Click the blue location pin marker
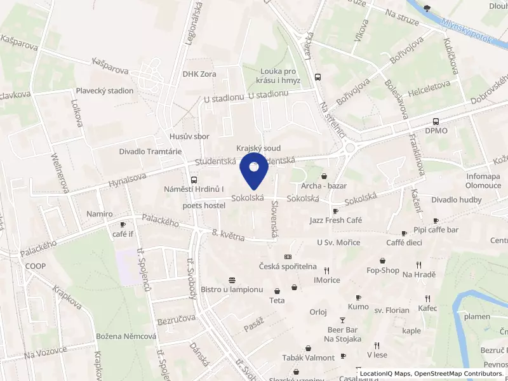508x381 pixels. click(x=254, y=170)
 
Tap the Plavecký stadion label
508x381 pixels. click(x=105, y=91)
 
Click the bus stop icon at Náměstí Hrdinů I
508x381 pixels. click(x=193, y=180)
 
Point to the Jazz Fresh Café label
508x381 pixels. click(x=335, y=220)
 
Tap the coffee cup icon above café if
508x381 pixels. click(x=123, y=224)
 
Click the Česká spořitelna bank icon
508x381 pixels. click(x=288, y=257)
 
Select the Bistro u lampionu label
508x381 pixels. click(x=232, y=290)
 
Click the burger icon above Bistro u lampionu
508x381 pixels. click(x=232, y=280)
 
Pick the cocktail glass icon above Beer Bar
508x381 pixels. click(x=343, y=320)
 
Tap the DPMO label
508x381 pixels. click(x=436, y=131)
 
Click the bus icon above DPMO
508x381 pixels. click(x=436, y=121)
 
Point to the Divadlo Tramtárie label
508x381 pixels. click(x=150, y=152)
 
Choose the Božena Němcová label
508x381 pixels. click(x=126, y=336)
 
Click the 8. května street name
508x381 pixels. click(x=228, y=236)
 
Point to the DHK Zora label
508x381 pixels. click(x=199, y=74)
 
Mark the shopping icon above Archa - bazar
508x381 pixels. click(x=324, y=176)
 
